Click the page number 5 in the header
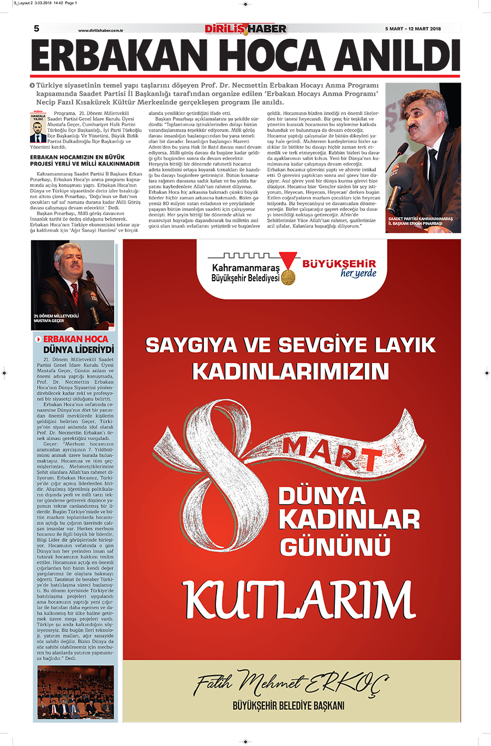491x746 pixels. (x=37, y=28)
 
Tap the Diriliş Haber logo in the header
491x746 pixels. (x=245, y=28)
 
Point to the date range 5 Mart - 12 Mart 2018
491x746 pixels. (x=413, y=29)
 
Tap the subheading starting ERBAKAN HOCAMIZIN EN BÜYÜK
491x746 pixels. (x=85, y=161)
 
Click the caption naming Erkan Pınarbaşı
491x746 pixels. (x=421, y=221)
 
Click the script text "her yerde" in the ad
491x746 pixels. (x=358, y=274)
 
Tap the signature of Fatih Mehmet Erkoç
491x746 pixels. (x=291, y=683)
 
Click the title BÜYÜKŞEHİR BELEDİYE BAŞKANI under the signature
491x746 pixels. (x=289, y=706)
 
